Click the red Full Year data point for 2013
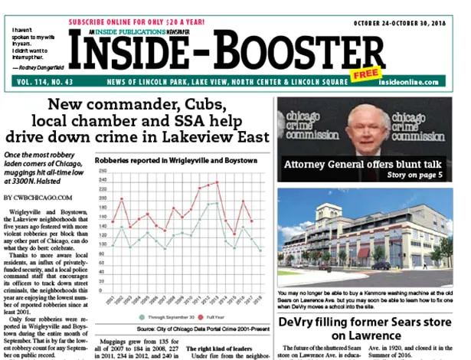click(x=218, y=182)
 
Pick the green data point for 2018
click(x=260, y=250)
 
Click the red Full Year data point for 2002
click(x=122, y=199)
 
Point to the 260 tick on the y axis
click(x=101, y=171)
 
